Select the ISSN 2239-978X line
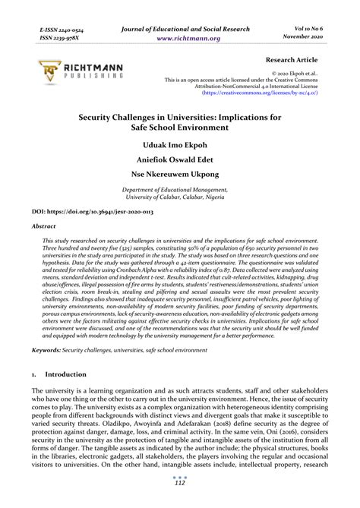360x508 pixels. click(x=47, y=36)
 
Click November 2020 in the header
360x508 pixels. click(x=311, y=36)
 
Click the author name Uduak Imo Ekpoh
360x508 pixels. click(x=180, y=144)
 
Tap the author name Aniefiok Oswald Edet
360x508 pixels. click(x=180, y=161)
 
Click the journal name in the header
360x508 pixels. click(x=180, y=27)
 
